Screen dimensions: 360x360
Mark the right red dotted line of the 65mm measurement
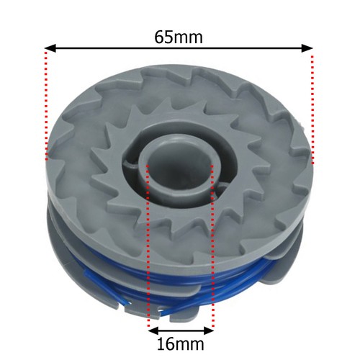pyautogui.click(x=312, y=108)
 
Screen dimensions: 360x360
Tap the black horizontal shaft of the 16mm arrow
pyautogui.click(x=180, y=330)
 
